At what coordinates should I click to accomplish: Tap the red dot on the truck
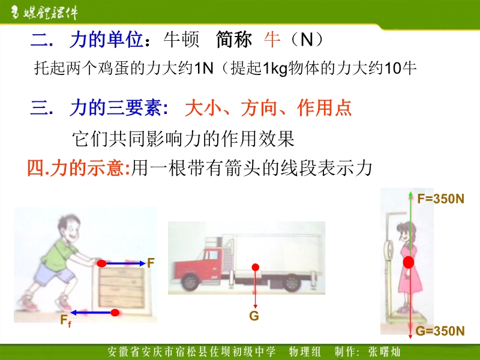(x=256, y=267)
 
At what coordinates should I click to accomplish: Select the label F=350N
(x=440, y=199)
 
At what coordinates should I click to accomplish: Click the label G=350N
(x=440, y=331)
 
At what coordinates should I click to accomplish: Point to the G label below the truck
(x=254, y=316)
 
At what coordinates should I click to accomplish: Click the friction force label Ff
(x=65, y=320)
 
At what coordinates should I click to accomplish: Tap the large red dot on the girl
(x=409, y=262)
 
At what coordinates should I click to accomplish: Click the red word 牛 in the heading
(x=272, y=40)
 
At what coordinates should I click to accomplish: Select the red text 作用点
(x=324, y=108)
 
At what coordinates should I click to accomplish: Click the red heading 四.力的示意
(x=79, y=168)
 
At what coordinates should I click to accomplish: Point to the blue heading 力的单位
(x=106, y=40)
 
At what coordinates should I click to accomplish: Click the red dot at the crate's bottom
(x=115, y=313)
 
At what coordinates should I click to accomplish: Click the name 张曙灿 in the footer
(x=384, y=352)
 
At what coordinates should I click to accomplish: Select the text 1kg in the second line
(x=275, y=68)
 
